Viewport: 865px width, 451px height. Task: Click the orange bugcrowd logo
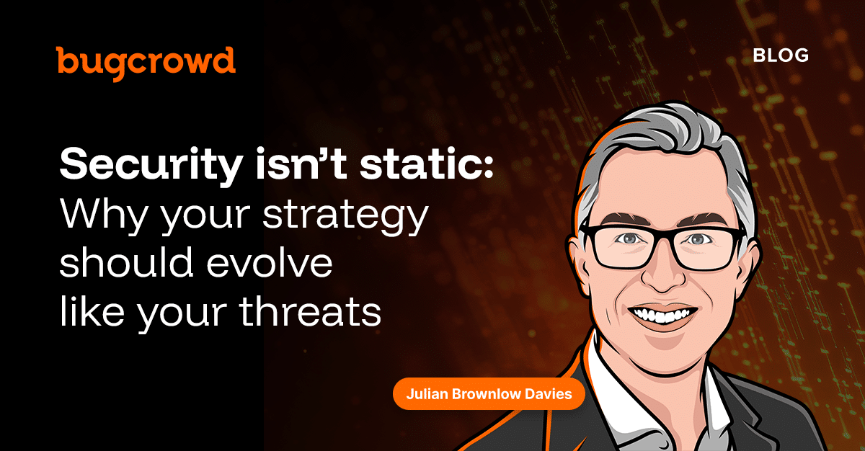pyautogui.click(x=146, y=63)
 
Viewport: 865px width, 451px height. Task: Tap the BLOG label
pyautogui.click(x=781, y=56)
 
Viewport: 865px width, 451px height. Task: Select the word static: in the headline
pyautogui.click(x=426, y=164)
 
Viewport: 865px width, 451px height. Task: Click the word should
pyautogui.click(x=126, y=262)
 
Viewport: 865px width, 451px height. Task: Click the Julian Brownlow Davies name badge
pyautogui.click(x=489, y=394)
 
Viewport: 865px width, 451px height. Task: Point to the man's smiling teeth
pyautogui.click(x=662, y=314)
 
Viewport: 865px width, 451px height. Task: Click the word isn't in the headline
pyautogui.click(x=301, y=164)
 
